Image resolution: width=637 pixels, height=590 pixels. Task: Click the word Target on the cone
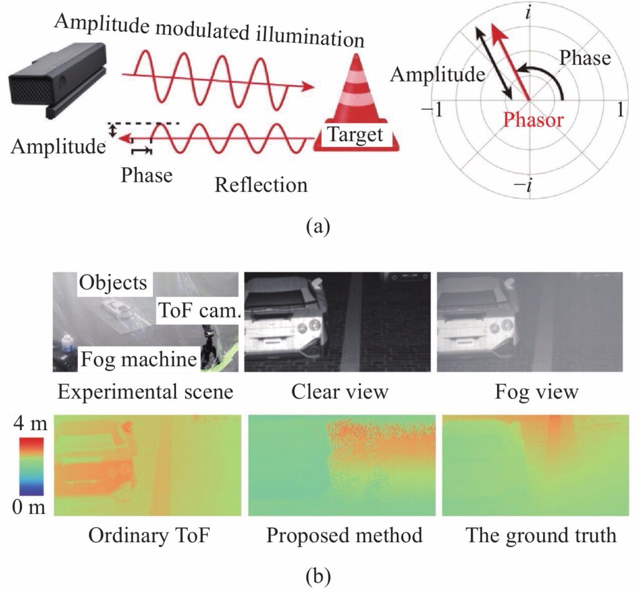[x=355, y=134]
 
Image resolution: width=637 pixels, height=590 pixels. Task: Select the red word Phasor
[x=533, y=120]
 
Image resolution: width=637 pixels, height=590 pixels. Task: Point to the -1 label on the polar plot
[x=432, y=109]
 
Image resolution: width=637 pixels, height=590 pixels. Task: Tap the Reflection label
[x=261, y=185]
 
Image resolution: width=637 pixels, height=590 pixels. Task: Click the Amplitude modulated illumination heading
[x=210, y=30]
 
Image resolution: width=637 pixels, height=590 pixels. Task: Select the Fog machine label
[x=139, y=360]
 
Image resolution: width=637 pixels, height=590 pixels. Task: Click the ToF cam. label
[x=200, y=311]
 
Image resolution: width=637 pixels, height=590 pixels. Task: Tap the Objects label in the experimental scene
[x=113, y=283]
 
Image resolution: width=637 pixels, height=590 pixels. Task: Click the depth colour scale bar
[x=31, y=467]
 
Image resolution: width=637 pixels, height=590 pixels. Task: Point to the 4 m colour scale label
[x=30, y=424]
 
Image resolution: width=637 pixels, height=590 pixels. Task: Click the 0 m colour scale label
[x=29, y=507]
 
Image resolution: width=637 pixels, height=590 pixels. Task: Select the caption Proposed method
[x=344, y=536]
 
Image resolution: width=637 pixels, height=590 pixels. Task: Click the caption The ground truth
[x=541, y=536]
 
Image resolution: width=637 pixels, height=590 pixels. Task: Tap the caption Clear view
[x=340, y=392]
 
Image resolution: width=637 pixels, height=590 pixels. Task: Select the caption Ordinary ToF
[x=149, y=536]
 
